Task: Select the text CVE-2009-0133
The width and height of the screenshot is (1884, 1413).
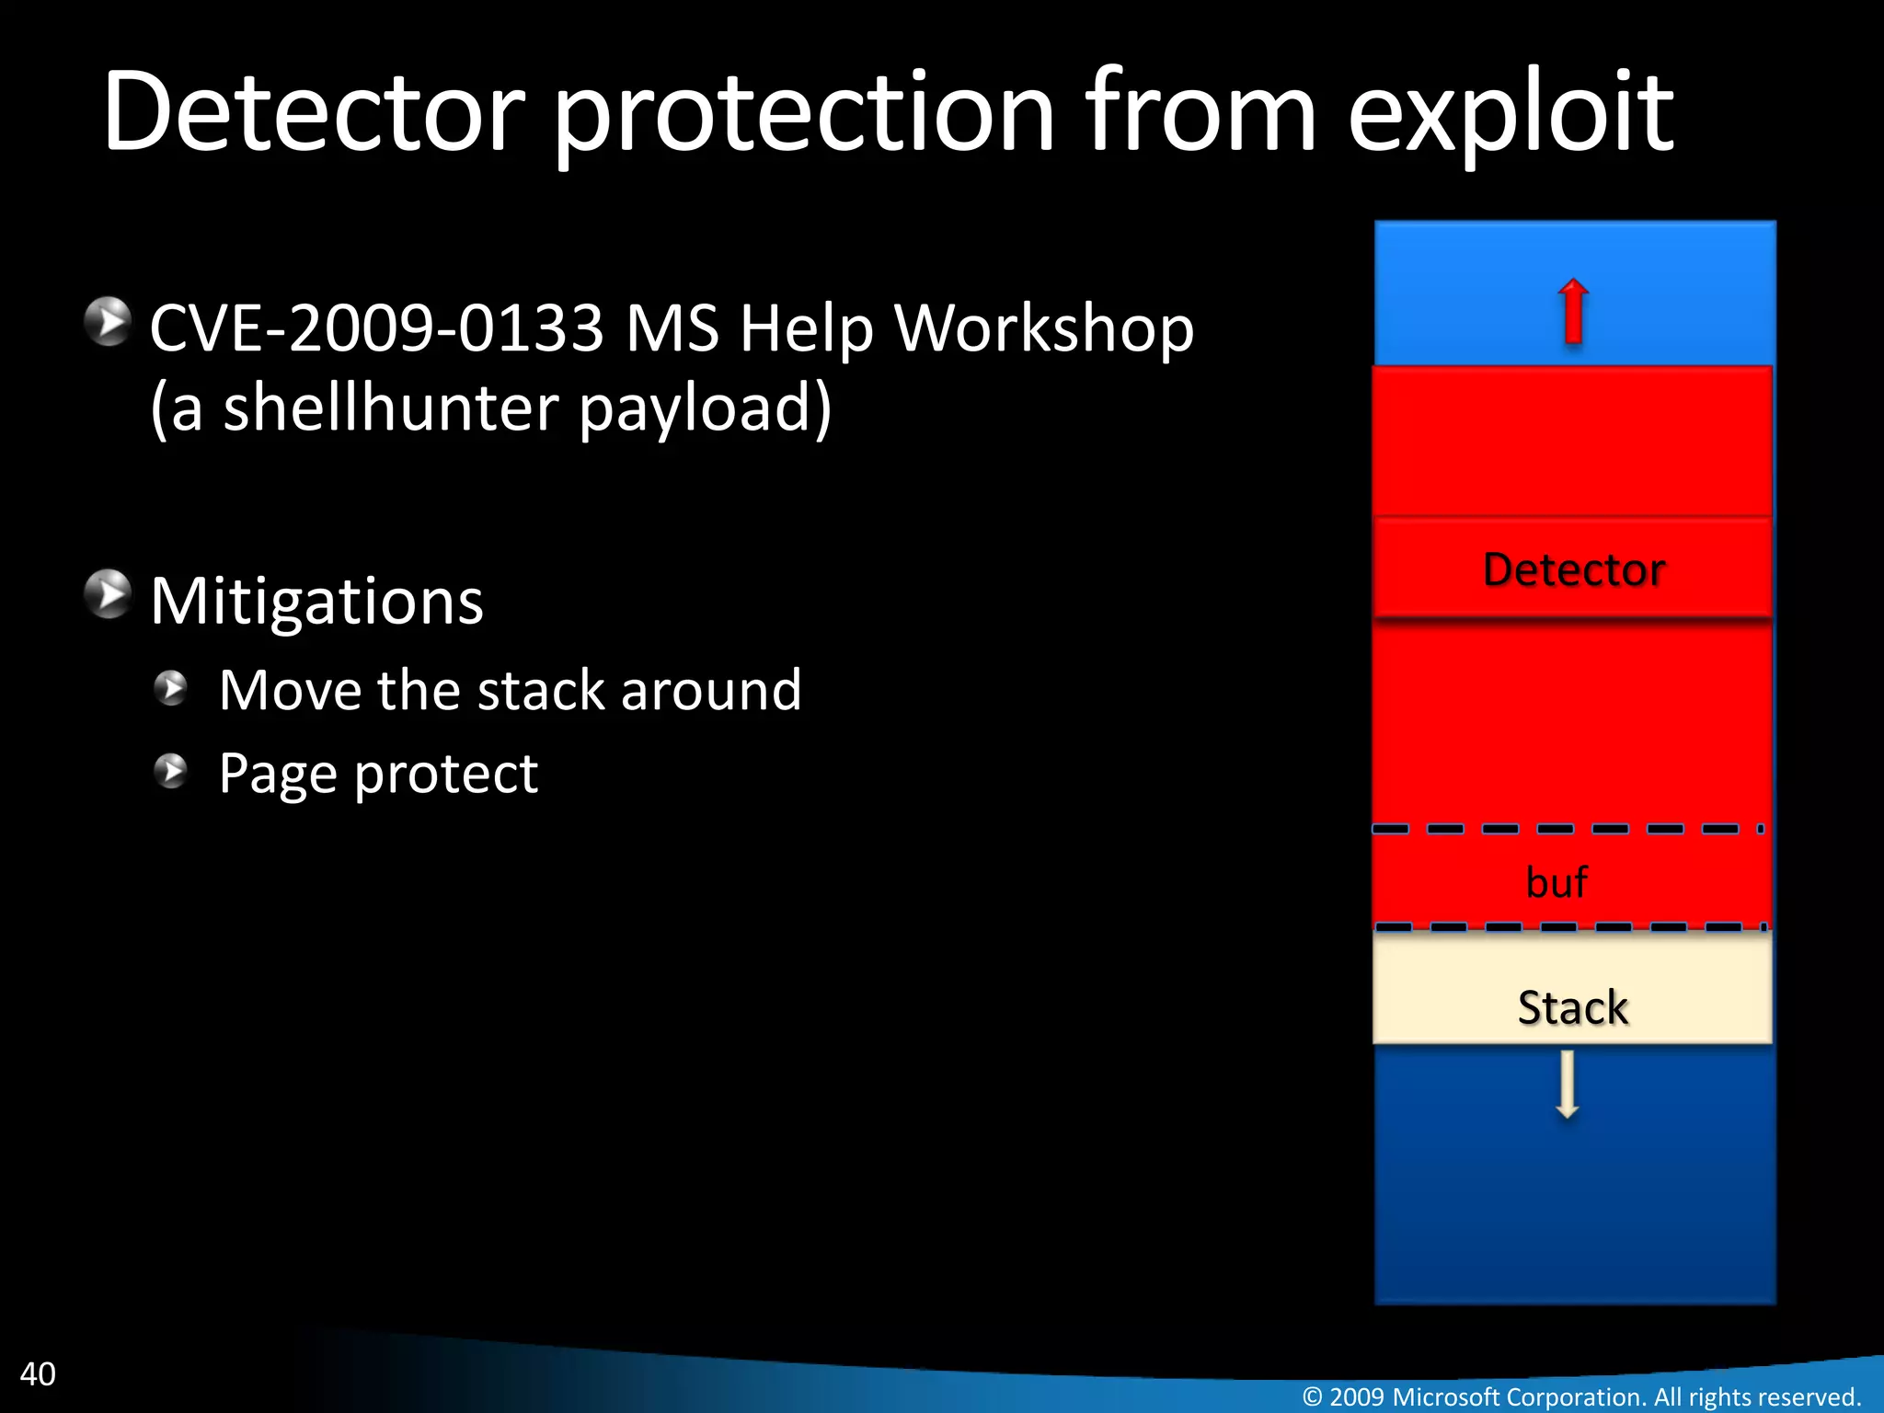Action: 376,328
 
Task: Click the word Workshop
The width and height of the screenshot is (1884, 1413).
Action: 1043,328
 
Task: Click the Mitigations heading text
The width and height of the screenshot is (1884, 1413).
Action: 316,602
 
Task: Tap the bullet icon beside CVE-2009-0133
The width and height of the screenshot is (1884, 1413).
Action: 109,321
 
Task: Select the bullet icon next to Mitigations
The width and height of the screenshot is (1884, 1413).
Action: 109,593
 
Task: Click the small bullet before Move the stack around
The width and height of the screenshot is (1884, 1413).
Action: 171,687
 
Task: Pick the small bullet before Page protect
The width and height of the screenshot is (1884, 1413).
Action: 171,771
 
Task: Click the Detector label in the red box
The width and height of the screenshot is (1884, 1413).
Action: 1574,569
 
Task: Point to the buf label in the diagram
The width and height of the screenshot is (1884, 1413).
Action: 1557,882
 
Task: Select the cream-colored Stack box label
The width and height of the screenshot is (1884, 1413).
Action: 1572,1006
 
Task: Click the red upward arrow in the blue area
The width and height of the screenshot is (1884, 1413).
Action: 1573,312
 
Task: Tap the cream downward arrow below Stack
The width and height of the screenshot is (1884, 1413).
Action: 1568,1086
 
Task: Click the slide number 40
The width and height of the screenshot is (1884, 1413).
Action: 38,1373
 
